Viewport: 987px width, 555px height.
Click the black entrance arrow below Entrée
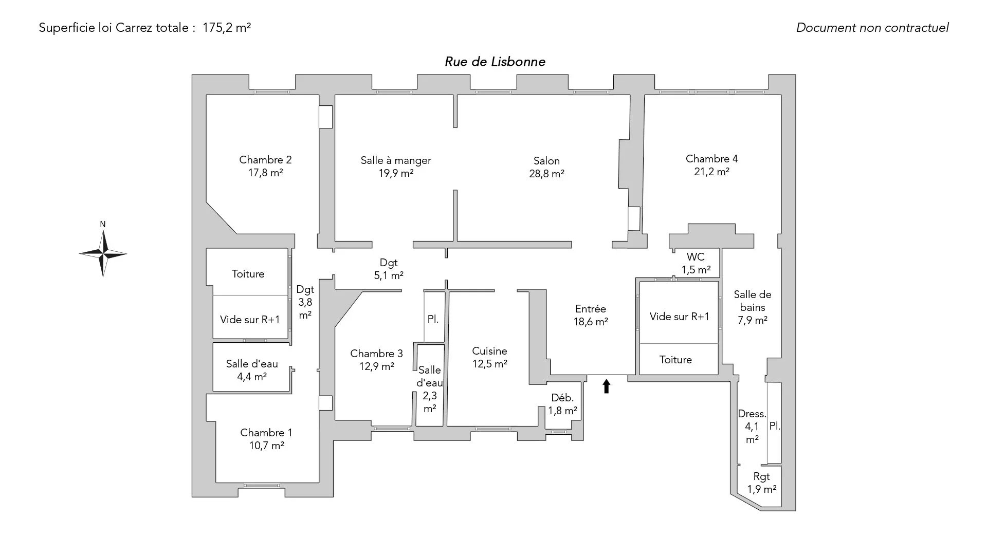pyautogui.click(x=607, y=386)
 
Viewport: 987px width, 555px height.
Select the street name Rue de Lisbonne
pyautogui.click(x=495, y=62)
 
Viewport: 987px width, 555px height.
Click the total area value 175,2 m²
pyautogui.click(x=227, y=28)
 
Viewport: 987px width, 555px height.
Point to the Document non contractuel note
pyautogui.click(x=872, y=28)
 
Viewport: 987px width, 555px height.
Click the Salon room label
pyautogui.click(x=546, y=161)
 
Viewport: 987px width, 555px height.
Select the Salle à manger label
pyautogui.click(x=396, y=160)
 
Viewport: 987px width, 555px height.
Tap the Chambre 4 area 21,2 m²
pyautogui.click(x=711, y=172)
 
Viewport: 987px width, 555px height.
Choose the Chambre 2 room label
pyautogui.click(x=265, y=160)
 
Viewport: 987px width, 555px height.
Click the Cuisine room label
pyautogui.click(x=489, y=351)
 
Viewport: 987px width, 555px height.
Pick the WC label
pyautogui.click(x=696, y=257)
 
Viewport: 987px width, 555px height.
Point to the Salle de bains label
pyautogui.click(x=753, y=301)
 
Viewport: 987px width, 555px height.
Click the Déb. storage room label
pyautogui.click(x=562, y=398)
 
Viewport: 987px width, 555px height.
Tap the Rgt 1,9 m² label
pyautogui.click(x=762, y=483)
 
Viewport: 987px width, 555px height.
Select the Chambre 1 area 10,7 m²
pyautogui.click(x=267, y=446)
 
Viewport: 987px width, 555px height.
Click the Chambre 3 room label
pyautogui.click(x=376, y=354)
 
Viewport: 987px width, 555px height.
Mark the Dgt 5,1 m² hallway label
pyautogui.click(x=389, y=269)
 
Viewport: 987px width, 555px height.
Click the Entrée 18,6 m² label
pyautogui.click(x=591, y=315)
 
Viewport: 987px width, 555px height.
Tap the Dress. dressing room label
pyautogui.click(x=752, y=414)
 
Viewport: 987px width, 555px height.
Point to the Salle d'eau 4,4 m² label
pyautogui.click(x=252, y=370)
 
